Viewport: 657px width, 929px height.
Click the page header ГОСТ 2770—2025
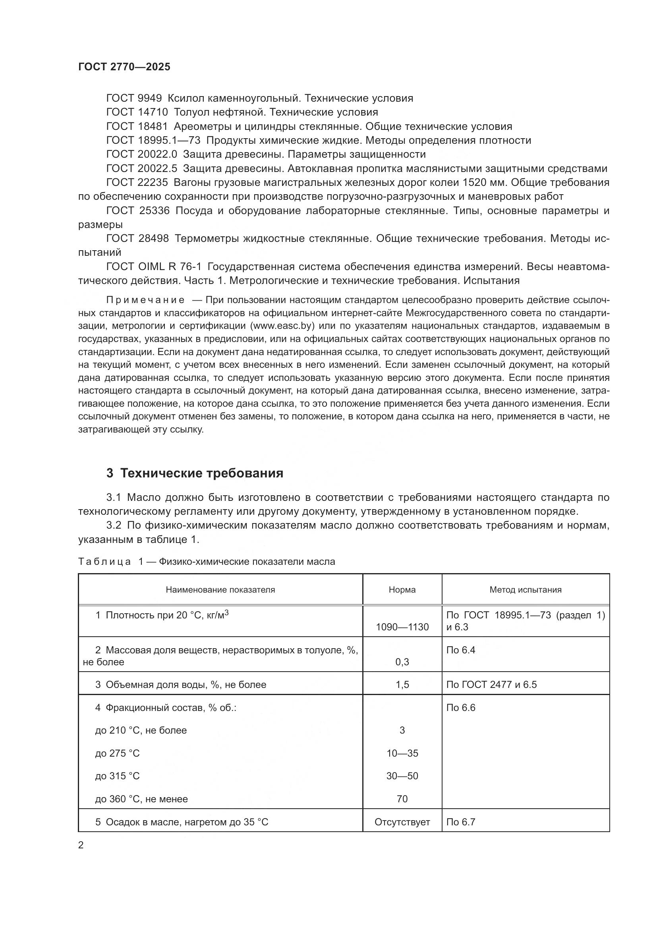tap(124, 67)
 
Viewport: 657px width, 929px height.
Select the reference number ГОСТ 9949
tap(134, 99)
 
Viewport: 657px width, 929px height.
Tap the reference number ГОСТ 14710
tap(137, 112)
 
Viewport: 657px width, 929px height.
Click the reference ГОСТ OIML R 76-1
tap(153, 267)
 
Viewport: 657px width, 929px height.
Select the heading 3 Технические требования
tap(195, 473)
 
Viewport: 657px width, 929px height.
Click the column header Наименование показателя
tap(220, 590)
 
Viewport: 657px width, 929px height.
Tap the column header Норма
tap(402, 590)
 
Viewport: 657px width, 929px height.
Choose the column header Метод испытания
tap(525, 590)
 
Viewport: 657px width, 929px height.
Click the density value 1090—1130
tap(402, 627)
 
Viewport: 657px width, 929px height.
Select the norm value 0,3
tap(402, 662)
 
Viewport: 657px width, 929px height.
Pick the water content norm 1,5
tap(402, 685)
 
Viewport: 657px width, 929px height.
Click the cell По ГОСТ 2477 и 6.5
tap(491, 685)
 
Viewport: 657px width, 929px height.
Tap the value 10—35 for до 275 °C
tap(402, 753)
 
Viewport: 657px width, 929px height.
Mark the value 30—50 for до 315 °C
tap(402, 776)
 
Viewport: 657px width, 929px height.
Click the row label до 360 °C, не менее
tap(141, 799)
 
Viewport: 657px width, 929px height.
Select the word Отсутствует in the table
tap(402, 822)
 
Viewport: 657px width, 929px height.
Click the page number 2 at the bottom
tap(81, 845)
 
